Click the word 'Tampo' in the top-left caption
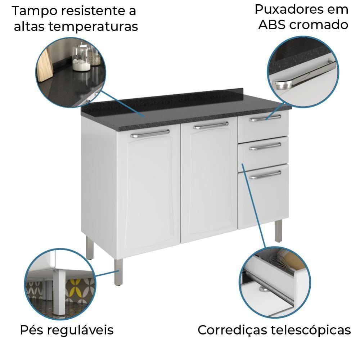coord(34,11)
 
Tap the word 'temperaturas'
coord(94,26)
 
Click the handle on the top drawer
coord(265,118)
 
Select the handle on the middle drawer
coord(265,146)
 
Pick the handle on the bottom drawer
coord(265,175)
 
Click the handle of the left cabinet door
coord(150,134)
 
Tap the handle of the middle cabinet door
coord(211,125)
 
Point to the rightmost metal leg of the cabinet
coord(278,230)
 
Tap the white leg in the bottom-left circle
coord(59,292)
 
